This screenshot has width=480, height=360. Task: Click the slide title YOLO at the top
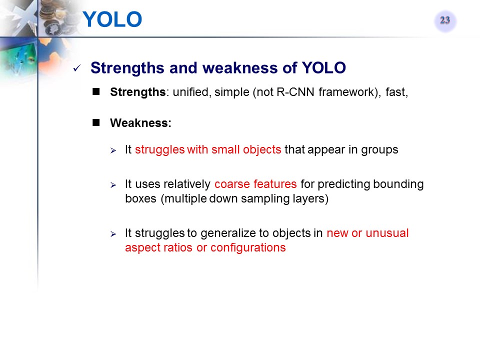(x=112, y=19)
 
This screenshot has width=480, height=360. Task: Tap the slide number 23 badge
(x=445, y=20)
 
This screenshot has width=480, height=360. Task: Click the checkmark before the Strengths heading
(x=77, y=68)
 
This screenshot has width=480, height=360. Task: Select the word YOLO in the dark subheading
(x=324, y=67)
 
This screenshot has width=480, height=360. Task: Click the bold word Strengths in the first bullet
(x=138, y=92)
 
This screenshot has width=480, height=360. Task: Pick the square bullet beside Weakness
(x=96, y=123)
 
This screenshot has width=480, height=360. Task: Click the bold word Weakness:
(x=141, y=123)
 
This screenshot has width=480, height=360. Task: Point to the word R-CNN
(x=295, y=92)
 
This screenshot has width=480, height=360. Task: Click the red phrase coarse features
(x=255, y=184)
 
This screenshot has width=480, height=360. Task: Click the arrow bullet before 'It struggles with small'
(x=113, y=150)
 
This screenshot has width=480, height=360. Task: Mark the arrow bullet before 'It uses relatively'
(x=113, y=185)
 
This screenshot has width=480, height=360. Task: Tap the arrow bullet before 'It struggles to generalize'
(x=113, y=234)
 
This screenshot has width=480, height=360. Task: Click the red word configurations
(x=248, y=247)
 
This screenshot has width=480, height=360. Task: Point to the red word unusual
(x=387, y=233)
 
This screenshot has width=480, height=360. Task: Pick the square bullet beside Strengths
(x=96, y=92)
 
